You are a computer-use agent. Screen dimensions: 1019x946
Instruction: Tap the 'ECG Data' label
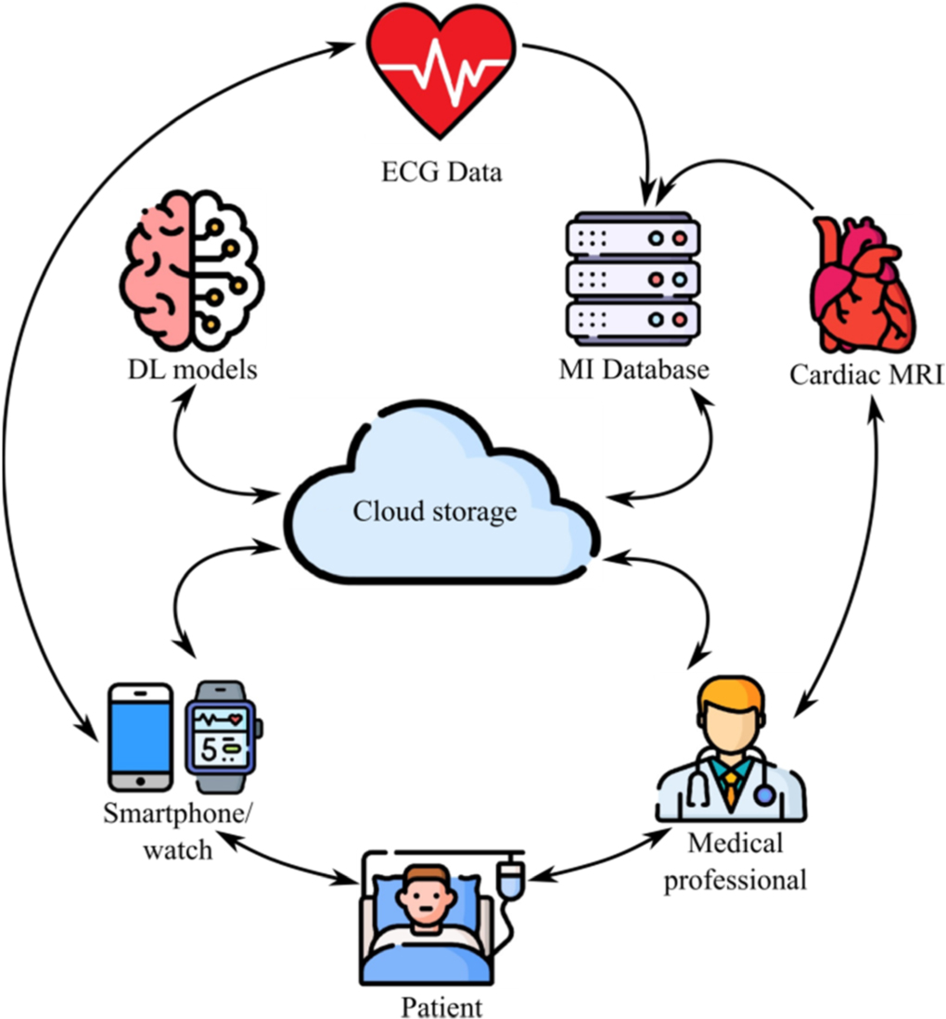click(x=442, y=172)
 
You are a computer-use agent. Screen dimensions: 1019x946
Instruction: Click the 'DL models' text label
click(x=191, y=370)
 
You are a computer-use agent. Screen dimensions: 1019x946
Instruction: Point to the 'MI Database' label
click(x=634, y=370)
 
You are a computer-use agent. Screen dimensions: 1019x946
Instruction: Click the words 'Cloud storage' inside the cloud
click(x=435, y=511)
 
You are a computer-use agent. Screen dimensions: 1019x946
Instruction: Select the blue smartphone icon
click(x=140, y=737)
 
